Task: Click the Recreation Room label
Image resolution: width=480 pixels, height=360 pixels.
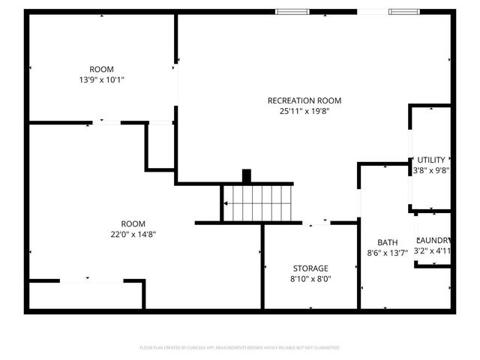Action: [304, 100]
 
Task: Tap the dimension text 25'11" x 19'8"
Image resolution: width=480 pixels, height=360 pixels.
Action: [304, 111]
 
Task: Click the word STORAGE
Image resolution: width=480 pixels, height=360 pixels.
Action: [310, 268]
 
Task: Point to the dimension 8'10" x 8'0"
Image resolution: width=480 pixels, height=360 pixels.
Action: [310, 279]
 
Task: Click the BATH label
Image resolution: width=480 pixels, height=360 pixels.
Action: [387, 242]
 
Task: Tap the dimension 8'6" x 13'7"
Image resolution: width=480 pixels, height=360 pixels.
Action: [387, 253]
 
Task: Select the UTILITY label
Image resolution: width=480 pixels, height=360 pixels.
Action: [431, 160]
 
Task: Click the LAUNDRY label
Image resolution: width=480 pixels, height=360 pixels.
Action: [433, 239]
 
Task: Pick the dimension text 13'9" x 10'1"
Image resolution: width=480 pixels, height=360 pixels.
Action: [101, 79]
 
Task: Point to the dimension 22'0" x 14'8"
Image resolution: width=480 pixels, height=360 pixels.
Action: [133, 234]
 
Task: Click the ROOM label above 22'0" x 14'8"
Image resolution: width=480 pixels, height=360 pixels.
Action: [133, 223]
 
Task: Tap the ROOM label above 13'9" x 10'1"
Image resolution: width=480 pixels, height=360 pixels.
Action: [101, 69]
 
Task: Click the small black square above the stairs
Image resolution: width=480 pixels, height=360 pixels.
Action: [247, 176]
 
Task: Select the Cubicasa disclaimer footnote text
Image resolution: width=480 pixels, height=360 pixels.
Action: [240, 348]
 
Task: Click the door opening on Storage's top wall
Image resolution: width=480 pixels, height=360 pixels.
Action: [316, 222]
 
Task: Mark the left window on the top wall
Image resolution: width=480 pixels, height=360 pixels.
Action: [292, 11]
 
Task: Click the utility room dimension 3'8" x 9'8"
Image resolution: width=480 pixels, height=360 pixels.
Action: [431, 170]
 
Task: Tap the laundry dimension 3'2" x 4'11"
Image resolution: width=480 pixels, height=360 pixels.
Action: [433, 250]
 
